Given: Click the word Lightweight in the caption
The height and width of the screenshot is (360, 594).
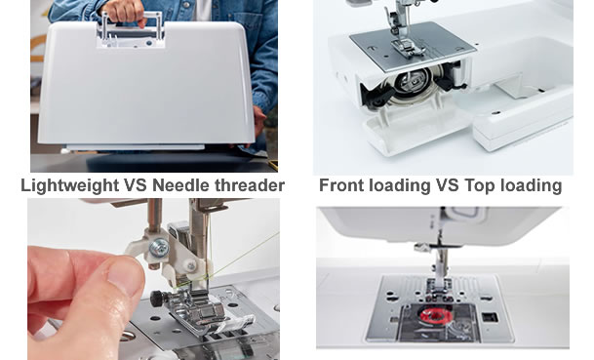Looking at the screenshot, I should [69, 185].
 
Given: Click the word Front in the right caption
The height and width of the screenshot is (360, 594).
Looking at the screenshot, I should [342, 185].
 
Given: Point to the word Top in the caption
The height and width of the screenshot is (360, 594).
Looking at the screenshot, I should [482, 185].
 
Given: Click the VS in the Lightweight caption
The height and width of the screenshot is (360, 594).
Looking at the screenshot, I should [135, 185].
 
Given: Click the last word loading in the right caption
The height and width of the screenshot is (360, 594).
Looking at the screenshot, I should [532, 185].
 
